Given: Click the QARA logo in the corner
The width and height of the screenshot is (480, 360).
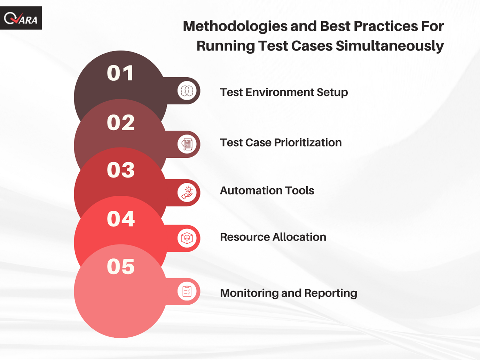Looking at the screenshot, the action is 21,18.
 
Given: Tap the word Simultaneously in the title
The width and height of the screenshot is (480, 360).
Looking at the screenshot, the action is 390,46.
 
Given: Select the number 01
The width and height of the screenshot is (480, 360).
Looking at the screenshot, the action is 120,73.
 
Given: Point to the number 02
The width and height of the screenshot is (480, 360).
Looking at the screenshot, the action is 121,123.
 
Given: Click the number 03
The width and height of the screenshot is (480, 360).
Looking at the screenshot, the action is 121,170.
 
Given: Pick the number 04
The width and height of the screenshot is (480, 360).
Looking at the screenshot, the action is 121,219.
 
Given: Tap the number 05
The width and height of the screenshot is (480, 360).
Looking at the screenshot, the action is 121,266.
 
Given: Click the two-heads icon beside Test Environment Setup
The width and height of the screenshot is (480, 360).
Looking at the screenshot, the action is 187,91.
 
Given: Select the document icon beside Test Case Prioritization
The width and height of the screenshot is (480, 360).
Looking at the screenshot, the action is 187,144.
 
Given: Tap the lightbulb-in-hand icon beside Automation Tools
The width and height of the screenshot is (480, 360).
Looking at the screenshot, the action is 187,193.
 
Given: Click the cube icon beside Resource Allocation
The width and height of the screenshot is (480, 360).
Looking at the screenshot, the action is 187,238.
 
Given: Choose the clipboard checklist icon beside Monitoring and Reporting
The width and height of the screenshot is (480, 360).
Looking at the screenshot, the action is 187,291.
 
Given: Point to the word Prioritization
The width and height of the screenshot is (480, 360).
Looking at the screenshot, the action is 308,143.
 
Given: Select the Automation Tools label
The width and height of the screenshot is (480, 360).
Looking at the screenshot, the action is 267,190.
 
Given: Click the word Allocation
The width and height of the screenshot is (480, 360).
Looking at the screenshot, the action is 299,237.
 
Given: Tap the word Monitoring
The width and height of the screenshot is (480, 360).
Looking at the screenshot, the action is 249,294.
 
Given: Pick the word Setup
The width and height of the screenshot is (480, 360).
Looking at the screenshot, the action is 332,93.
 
